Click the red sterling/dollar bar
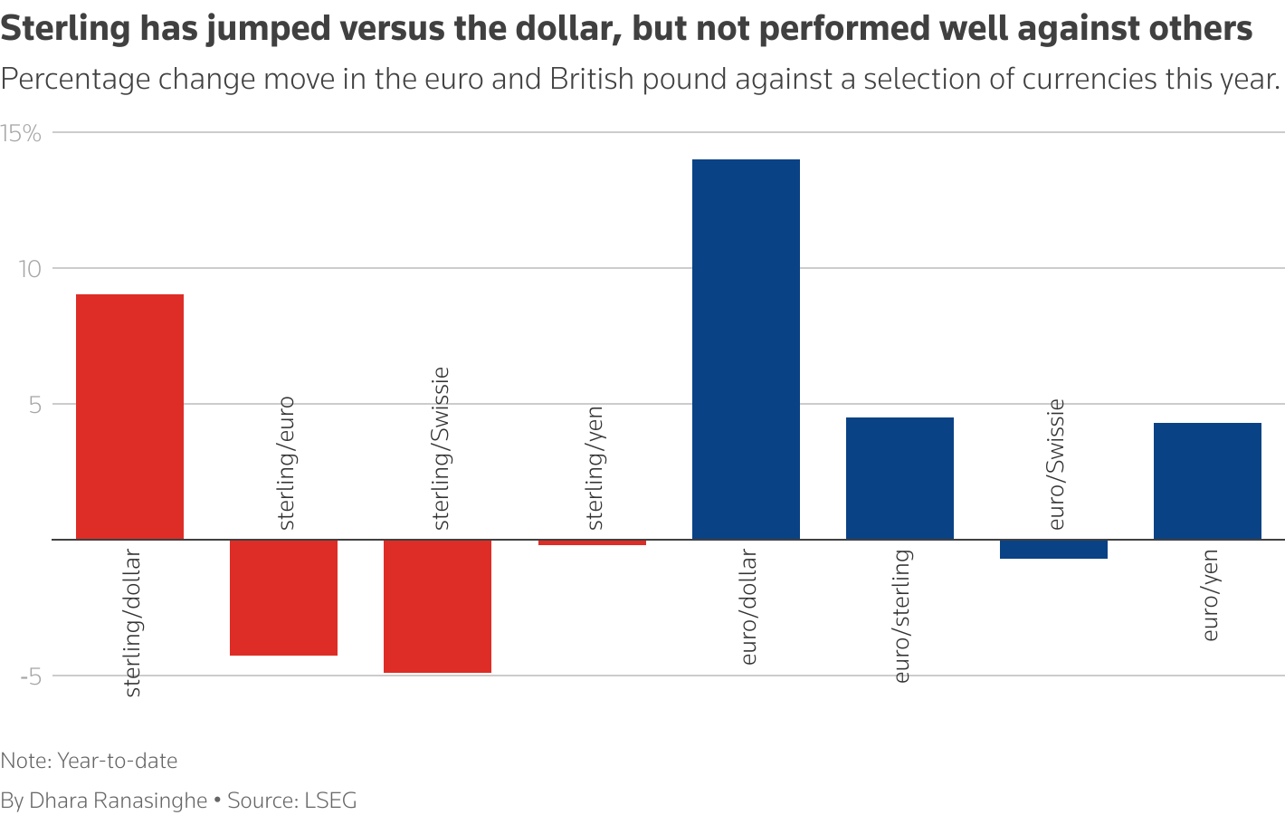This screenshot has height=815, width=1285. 129,417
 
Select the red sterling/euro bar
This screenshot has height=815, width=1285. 283,598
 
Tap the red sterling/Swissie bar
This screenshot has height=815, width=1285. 437,606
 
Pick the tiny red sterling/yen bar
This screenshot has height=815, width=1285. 592,542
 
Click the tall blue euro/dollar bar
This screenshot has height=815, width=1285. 746,349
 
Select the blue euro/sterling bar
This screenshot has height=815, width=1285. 899,478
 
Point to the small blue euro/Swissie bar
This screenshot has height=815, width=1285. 1053,549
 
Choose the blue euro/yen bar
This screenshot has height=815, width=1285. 1207,481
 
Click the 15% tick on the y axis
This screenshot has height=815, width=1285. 22,134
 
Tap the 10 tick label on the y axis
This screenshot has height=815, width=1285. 31,269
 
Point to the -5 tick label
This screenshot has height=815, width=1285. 31,676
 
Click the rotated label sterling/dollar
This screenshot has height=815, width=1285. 132,623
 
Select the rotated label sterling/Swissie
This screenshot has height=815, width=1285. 441,448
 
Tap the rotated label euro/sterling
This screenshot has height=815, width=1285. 902,616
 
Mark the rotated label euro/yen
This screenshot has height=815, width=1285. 1210,595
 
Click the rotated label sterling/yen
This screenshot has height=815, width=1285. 595,467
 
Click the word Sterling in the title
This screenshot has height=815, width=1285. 67,29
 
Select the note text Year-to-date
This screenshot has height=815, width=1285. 117,761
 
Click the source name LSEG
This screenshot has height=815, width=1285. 330,801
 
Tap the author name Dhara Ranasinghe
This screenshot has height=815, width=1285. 119,801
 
